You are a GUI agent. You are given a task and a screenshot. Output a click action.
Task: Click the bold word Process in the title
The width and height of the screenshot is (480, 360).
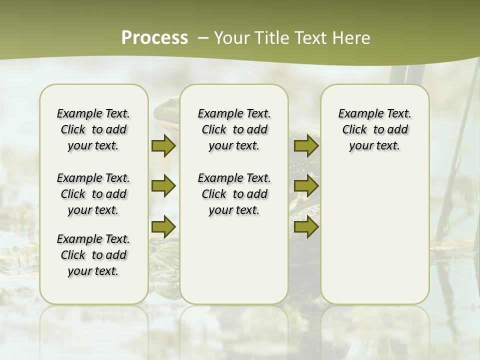click(154, 38)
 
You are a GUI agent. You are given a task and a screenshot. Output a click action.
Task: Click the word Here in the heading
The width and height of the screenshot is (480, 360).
click(351, 38)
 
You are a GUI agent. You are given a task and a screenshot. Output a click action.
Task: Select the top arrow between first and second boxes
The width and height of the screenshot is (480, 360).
click(163, 146)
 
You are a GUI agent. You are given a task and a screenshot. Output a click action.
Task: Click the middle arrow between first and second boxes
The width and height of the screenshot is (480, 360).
click(163, 186)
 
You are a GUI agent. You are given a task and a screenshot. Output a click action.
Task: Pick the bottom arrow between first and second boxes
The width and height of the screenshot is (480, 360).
click(163, 227)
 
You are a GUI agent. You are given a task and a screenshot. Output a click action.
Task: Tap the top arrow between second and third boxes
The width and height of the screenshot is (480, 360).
click(306, 146)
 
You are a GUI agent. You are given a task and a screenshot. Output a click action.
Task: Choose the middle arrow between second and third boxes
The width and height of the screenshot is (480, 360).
click(306, 186)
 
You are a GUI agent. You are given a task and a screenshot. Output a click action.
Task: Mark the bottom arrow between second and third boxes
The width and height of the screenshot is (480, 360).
click(306, 227)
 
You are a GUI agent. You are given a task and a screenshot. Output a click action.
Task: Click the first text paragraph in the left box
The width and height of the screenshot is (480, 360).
click(93, 129)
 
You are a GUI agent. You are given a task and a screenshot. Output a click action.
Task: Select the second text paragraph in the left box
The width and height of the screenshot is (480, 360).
click(93, 194)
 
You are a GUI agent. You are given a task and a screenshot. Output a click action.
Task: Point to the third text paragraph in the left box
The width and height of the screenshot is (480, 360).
click(93, 255)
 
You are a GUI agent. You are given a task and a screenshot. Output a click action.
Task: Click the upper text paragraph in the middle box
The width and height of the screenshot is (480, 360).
click(234, 129)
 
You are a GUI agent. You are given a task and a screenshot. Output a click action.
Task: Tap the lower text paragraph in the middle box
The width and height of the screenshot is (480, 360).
click(234, 194)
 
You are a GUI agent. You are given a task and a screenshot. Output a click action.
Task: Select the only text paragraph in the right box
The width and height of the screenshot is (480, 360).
click(375, 129)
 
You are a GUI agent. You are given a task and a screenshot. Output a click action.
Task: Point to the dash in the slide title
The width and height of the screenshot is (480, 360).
click(203, 38)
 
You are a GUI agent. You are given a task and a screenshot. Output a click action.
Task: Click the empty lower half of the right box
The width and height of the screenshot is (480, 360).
click(375, 240)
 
